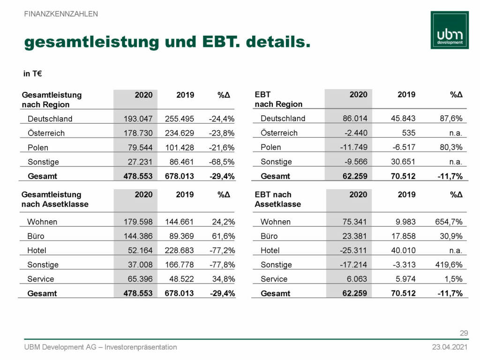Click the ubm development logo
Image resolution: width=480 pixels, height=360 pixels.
(449, 30)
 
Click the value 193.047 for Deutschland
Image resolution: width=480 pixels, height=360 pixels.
(138, 119)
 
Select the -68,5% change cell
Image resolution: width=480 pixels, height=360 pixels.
(221, 162)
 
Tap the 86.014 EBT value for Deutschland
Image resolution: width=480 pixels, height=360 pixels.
(355, 119)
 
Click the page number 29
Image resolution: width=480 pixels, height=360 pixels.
(464, 333)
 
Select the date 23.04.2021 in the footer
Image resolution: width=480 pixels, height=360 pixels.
(450, 347)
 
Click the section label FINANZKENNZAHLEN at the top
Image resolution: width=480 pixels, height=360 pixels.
(61, 14)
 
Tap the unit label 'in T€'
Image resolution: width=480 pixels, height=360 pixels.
(33, 74)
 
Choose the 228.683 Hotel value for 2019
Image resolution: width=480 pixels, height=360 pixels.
(179, 250)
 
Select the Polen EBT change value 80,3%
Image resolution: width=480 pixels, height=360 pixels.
(450, 147)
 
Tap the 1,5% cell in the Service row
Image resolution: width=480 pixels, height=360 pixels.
(453, 279)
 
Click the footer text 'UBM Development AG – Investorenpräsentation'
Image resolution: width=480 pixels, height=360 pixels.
(101, 347)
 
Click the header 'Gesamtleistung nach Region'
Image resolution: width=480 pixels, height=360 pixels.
(52, 99)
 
